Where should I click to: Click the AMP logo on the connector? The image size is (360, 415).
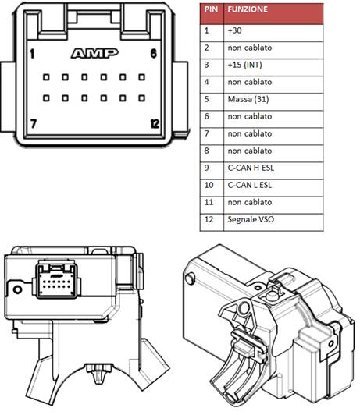tap(94, 53)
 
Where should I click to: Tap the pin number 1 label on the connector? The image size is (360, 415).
tap(32, 54)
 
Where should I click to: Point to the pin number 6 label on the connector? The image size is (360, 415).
tap(154, 54)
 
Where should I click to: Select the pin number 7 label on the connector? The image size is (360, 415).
tap(33, 123)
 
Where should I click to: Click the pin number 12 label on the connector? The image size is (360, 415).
tap(155, 123)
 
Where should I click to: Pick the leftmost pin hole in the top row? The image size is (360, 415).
tap(46, 77)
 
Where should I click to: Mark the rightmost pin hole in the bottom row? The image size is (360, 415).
tap(141, 98)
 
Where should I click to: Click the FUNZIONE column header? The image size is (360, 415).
tap(248, 9)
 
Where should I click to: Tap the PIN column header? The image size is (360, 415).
tap(211, 9)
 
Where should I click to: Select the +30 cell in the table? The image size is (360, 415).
tap(273, 33)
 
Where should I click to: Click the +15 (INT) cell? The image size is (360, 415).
tap(273, 68)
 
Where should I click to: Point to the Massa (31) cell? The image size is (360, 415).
tap(273, 102)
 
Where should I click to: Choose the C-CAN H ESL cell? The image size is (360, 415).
tap(273, 170)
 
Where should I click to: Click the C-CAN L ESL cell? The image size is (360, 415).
tap(273, 188)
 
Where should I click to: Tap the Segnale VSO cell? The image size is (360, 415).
tap(273, 222)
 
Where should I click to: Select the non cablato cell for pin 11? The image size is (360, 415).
tap(273, 205)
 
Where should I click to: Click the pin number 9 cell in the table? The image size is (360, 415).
tap(212, 170)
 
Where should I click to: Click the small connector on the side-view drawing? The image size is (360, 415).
tap(56, 280)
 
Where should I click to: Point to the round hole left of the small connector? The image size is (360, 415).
tap(17, 289)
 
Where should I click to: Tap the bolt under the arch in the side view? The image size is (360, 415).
tap(99, 373)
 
